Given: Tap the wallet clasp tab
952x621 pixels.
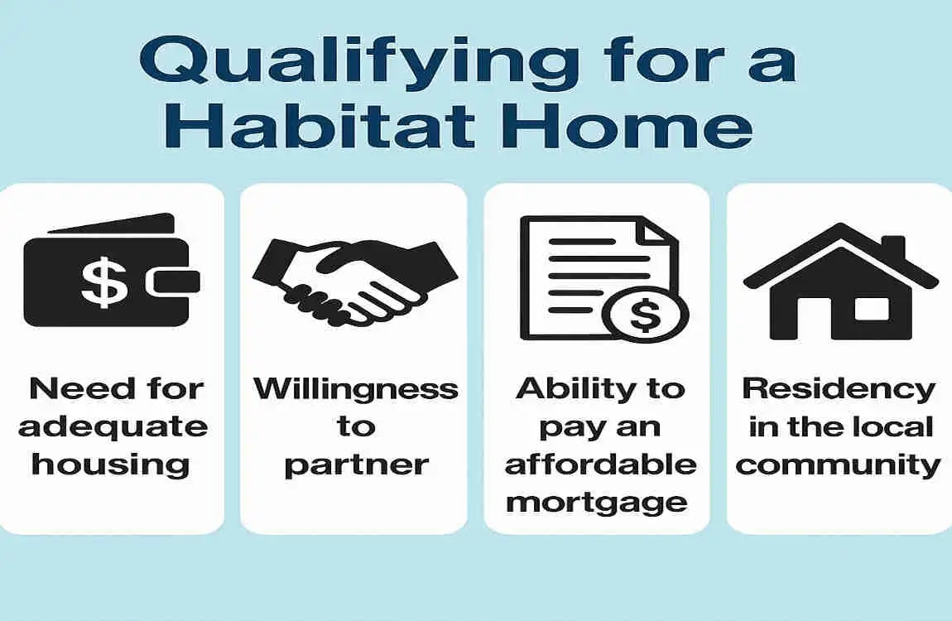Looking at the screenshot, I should (173, 282).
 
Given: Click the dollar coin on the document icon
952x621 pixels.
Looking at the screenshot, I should (645, 315).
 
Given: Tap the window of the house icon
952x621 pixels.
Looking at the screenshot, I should (871, 309).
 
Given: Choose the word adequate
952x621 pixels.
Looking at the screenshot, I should (113, 426).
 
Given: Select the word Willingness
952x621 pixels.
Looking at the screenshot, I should (355, 388).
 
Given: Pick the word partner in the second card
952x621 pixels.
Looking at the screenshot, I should (355, 465).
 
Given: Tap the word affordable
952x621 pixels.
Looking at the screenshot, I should (600, 465).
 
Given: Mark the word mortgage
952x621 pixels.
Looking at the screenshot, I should (597, 502).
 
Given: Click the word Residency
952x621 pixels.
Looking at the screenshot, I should (839, 388).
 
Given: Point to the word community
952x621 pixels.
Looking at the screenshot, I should (839, 465).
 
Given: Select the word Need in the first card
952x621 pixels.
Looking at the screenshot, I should (67, 388).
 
